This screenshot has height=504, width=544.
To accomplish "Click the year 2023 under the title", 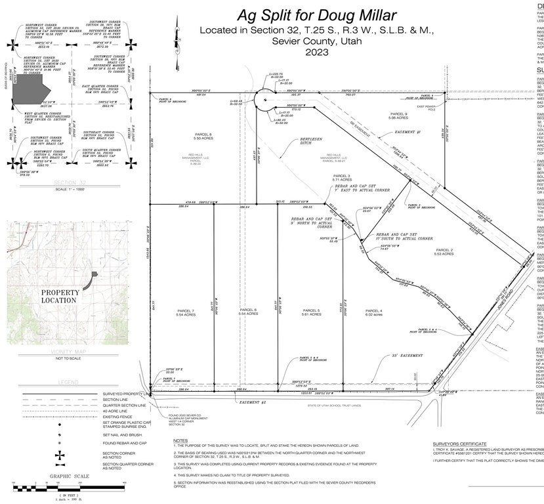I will pos(316,51).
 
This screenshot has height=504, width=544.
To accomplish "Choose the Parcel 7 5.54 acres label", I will pos(186,313).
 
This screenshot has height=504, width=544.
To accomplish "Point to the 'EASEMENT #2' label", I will pos(252,402).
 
